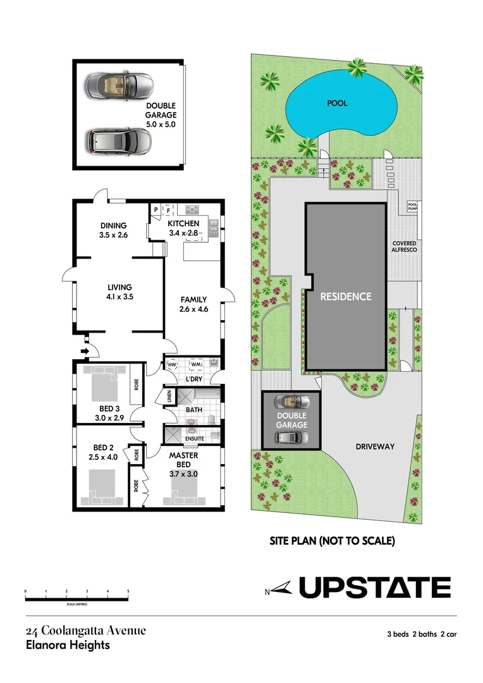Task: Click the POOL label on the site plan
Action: tap(337, 103)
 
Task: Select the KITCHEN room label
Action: tap(183, 224)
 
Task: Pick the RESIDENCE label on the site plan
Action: tap(345, 296)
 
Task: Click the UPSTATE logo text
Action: tap(374, 588)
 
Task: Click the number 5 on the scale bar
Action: tap(128, 591)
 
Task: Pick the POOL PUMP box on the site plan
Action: tap(412, 207)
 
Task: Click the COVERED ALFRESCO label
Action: tap(404, 246)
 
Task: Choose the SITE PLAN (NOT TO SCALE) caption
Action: tap(332, 541)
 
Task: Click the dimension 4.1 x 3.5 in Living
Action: tap(119, 296)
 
